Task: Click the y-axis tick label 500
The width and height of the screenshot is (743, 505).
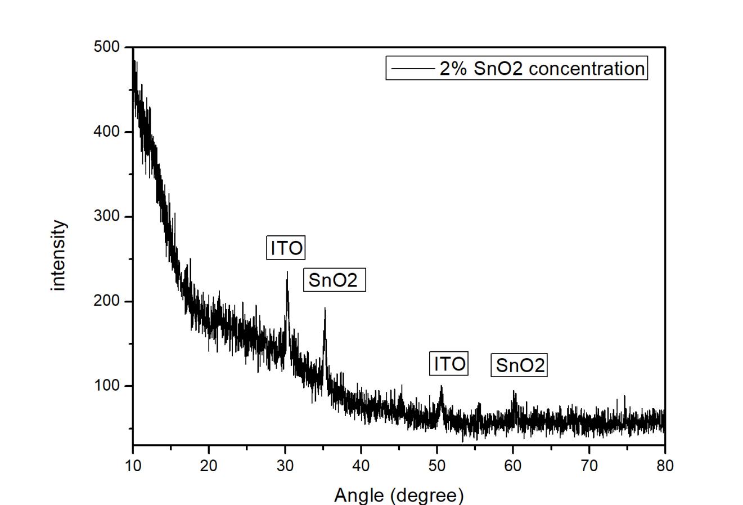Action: pyautogui.click(x=107, y=47)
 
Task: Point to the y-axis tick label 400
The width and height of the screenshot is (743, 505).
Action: pyautogui.click(x=107, y=132)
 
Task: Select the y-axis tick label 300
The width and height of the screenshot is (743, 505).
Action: pyautogui.click(x=107, y=217)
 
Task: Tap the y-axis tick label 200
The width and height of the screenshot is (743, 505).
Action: pyautogui.click(x=107, y=301)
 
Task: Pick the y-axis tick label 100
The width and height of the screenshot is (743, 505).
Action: pyautogui.click(x=107, y=386)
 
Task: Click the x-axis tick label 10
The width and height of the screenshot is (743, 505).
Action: pyautogui.click(x=133, y=466)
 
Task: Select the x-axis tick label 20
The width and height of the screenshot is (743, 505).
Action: pyautogui.click(x=209, y=466)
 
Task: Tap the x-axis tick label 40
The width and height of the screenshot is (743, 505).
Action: pyautogui.click(x=361, y=466)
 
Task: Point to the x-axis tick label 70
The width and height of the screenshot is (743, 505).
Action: pyautogui.click(x=589, y=466)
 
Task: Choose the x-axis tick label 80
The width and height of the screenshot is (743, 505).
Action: pyautogui.click(x=665, y=466)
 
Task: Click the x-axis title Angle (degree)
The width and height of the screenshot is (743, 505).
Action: pyautogui.click(x=399, y=495)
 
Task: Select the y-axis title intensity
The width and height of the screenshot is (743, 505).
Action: pyautogui.click(x=58, y=255)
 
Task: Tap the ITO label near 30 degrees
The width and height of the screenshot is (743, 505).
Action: pyautogui.click(x=286, y=248)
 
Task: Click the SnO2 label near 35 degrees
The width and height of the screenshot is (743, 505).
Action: pyautogui.click(x=334, y=280)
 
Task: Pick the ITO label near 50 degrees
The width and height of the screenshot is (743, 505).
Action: pyautogui.click(x=449, y=364)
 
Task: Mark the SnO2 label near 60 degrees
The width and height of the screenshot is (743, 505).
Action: pyautogui.click(x=520, y=365)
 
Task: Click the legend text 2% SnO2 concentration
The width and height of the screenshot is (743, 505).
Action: pyautogui.click(x=541, y=68)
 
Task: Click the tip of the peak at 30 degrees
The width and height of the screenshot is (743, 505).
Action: pyautogui.click(x=287, y=272)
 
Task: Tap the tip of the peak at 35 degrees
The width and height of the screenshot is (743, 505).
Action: pyautogui.click(x=325, y=308)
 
